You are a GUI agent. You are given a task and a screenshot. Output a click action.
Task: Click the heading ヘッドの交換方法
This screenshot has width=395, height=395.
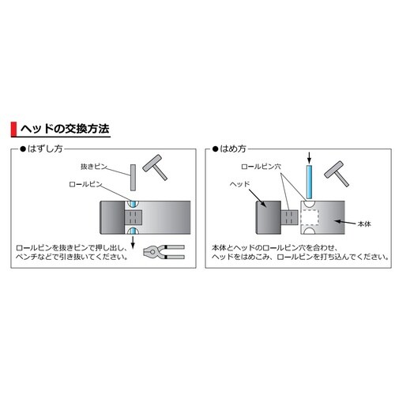(x=65, y=129)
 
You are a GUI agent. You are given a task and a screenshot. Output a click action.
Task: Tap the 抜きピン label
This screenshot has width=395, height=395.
(x=94, y=167)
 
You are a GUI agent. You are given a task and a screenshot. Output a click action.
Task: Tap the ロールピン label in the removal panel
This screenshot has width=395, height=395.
(x=85, y=184)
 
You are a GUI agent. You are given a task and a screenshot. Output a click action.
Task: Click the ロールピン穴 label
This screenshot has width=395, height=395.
(x=261, y=167)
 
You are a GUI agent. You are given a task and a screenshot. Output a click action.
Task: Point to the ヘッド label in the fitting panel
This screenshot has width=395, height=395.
(x=239, y=184)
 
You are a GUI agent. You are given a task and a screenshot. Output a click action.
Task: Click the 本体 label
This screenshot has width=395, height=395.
(x=364, y=224)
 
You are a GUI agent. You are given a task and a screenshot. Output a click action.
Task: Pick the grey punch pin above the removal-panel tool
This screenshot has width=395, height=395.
(x=133, y=178)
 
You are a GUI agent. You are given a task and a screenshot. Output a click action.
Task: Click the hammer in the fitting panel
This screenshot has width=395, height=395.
(x=337, y=174)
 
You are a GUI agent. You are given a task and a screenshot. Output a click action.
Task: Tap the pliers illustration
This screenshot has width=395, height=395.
(x=164, y=252)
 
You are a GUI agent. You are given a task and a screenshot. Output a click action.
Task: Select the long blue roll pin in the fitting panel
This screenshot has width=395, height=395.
(x=309, y=182)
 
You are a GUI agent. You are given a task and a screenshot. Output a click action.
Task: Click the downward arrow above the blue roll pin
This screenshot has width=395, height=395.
(x=310, y=157)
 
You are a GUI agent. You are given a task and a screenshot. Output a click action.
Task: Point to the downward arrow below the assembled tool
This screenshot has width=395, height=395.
(x=133, y=242)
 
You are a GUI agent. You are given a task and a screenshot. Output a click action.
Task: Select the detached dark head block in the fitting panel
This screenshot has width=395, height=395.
(x=269, y=217)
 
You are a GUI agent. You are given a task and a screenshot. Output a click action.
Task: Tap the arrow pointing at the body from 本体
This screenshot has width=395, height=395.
(x=345, y=222)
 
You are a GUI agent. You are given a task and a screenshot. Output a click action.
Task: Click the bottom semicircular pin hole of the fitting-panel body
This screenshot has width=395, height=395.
(x=309, y=231)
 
